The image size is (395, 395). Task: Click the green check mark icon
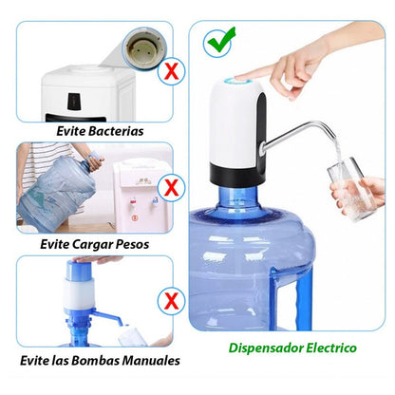pyautogui.click(x=220, y=43)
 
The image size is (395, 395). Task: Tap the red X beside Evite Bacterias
pyautogui.click(x=171, y=72)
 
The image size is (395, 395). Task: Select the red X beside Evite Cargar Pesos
pyautogui.click(x=171, y=188)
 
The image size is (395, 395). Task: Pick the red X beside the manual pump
pyautogui.click(x=171, y=301)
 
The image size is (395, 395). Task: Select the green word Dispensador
pyautogui.click(x=266, y=348)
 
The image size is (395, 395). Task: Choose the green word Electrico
pyautogui.click(x=331, y=348)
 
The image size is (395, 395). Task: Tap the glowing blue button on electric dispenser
pyautogui.click(x=237, y=81)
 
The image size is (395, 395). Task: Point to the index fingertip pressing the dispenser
pyautogui.click(x=241, y=76)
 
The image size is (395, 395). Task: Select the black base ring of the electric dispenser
pyautogui.click(x=237, y=176)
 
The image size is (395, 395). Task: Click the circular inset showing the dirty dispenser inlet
pyautogui.click(x=145, y=47)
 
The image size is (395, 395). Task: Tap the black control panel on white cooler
pyautogui.click(x=74, y=102)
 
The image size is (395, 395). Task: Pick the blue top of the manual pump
pyautogui.click(x=79, y=271)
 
